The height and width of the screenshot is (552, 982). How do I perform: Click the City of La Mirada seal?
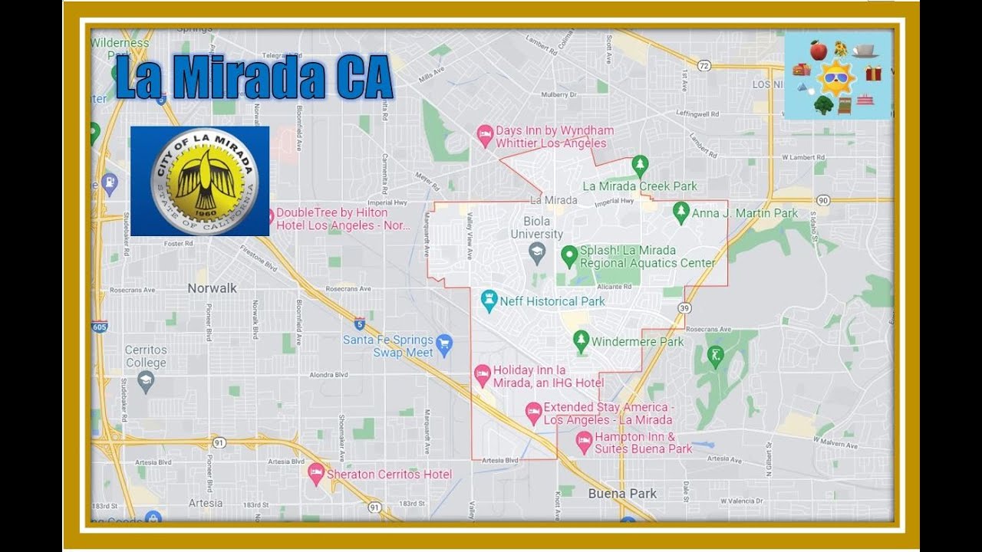pyautogui.click(x=204, y=181)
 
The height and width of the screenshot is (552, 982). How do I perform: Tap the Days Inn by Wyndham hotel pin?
pyautogui.click(x=485, y=136)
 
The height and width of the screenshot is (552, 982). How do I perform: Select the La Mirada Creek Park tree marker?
pyautogui.click(x=640, y=166)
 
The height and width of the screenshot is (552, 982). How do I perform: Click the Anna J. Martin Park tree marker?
pyautogui.click(x=680, y=212)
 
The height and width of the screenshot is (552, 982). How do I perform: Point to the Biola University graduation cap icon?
pyautogui.click(x=537, y=252)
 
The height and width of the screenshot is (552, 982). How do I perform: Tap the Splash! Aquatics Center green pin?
pyautogui.click(x=569, y=255)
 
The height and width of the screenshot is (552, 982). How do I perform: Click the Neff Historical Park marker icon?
pyautogui.click(x=489, y=301)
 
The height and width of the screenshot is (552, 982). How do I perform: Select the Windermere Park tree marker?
pyautogui.click(x=582, y=341)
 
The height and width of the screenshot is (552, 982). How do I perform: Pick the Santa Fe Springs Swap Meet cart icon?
pyautogui.click(x=444, y=345)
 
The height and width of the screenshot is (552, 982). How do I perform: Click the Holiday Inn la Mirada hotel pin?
pyautogui.click(x=483, y=376)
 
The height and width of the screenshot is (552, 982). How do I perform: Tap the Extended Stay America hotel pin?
pyautogui.click(x=533, y=413)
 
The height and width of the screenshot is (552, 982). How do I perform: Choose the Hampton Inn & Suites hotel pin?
pyautogui.click(x=584, y=442)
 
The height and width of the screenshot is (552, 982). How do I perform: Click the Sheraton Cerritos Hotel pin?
pyautogui.click(x=316, y=474)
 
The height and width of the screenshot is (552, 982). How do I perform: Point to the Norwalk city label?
pyautogui.click(x=213, y=288)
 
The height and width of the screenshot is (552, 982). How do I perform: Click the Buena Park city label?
pyautogui.click(x=622, y=494)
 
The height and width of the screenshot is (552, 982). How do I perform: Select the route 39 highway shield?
pyautogui.click(x=684, y=307)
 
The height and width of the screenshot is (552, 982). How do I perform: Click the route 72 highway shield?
pyautogui.click(x=704, y=66)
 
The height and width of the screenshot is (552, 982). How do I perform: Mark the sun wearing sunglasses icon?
pyautogui.click(x=835, y=77)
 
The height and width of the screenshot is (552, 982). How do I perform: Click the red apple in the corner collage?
pyautogui.click(x=819, y=51)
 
